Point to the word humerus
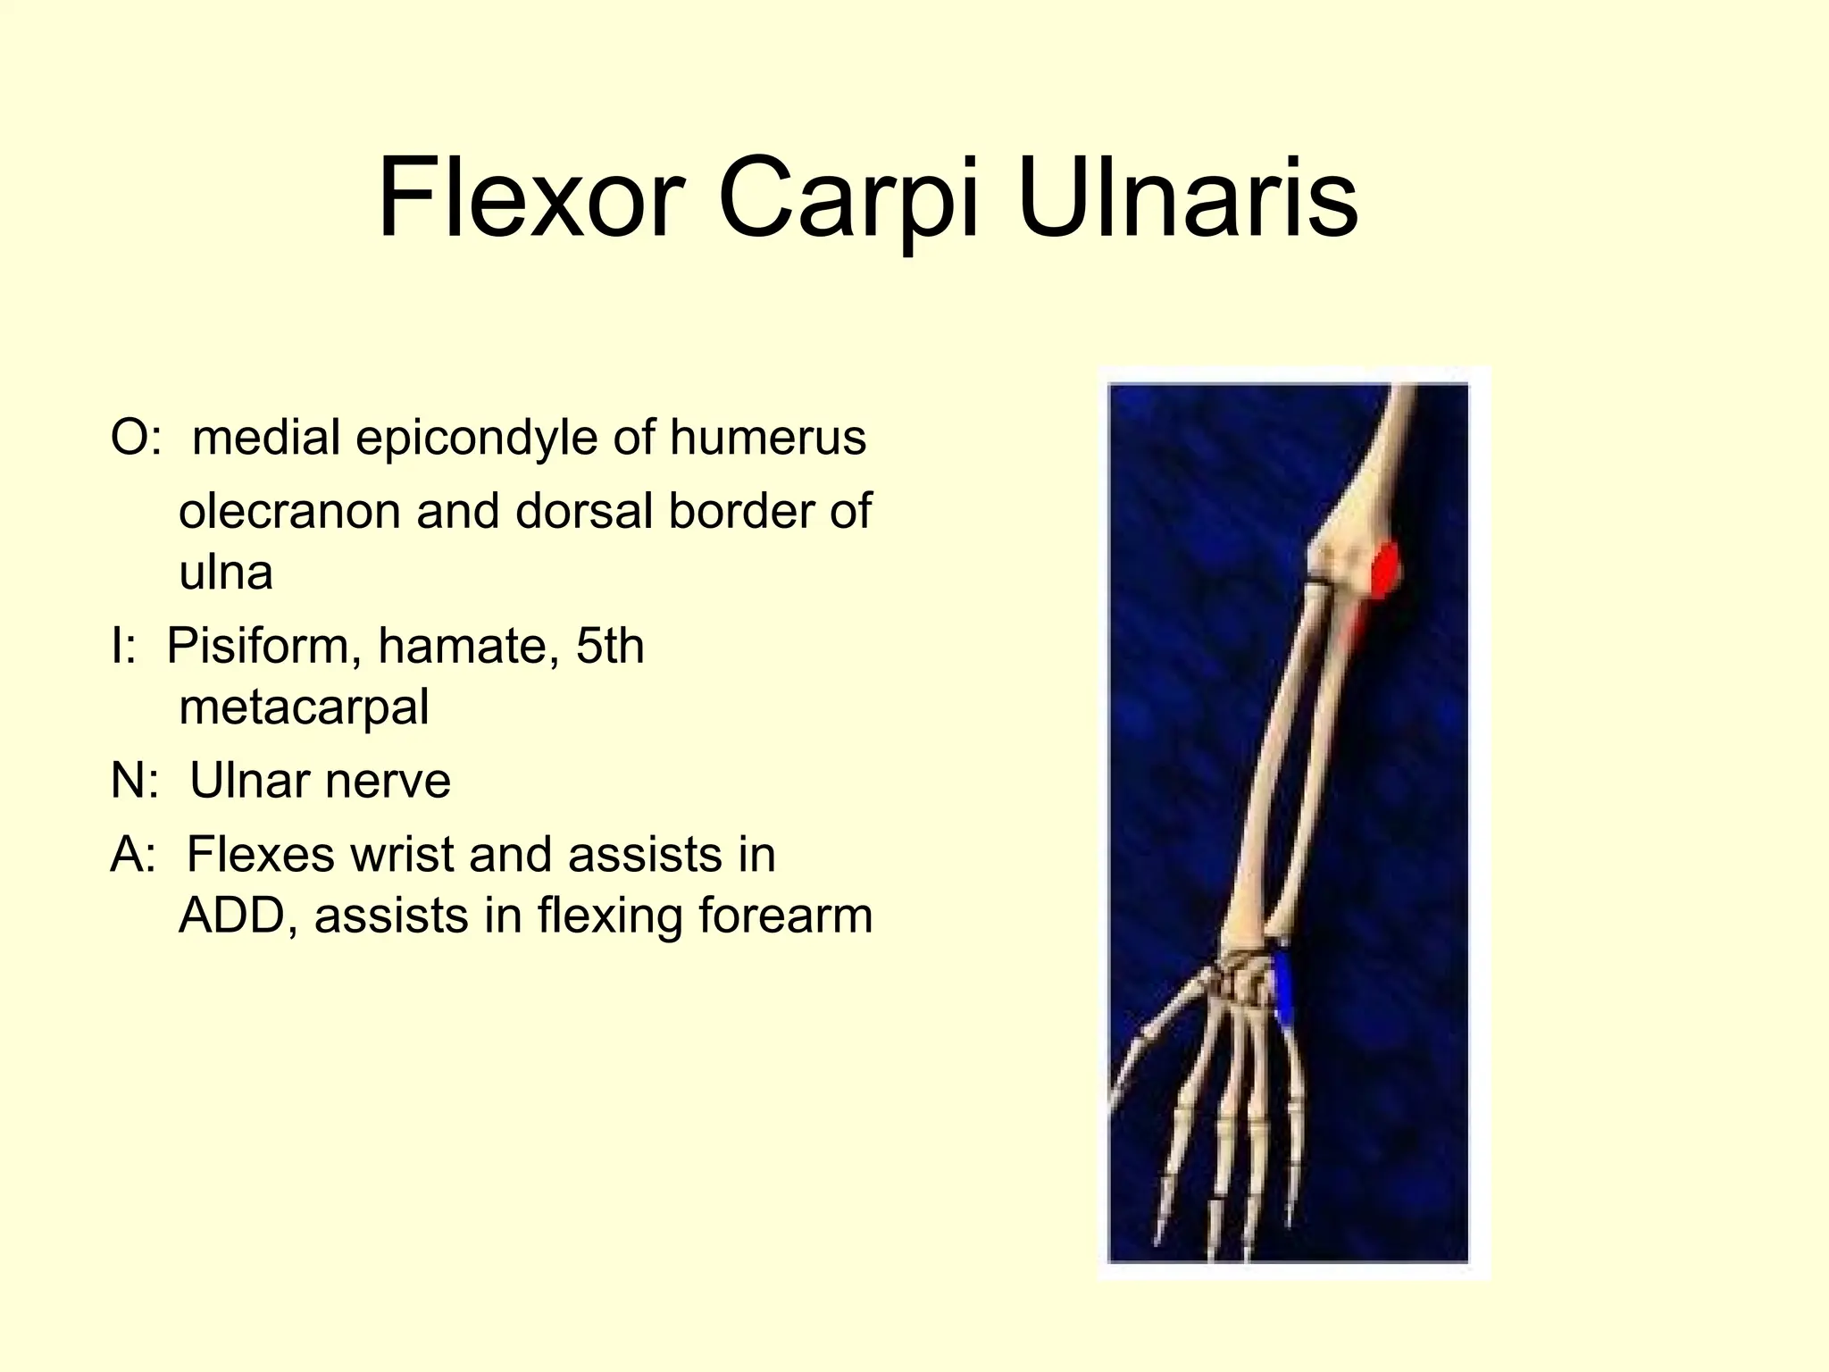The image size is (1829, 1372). click(x=767, y=439)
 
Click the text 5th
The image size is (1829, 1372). click(x=609, y=646)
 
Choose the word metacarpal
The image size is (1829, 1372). click(x=304, y=707)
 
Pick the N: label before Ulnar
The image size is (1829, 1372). click(x=135, y=781)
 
